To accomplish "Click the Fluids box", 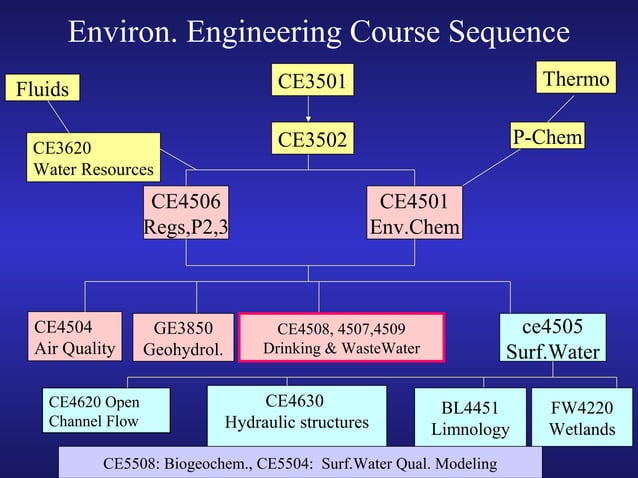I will (x=42, y=89).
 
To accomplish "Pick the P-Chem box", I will (x=547, y=137).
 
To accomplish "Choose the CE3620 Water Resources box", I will (x=93, y=158).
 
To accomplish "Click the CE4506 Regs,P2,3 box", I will (x=186, y=213).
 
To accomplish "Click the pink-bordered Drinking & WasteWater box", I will (x=341, y=338).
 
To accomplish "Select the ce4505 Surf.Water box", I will (x=552, y=338).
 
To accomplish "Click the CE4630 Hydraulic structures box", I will (x=296, y=412).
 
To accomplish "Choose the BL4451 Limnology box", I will (x=470, y=417).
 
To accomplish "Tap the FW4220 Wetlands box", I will (x=582, y=417).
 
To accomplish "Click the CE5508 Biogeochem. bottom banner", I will (x=300, y=464).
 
